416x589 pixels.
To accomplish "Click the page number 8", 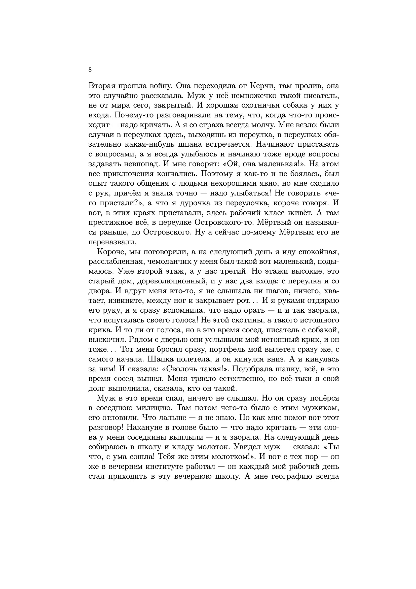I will click(90, 70).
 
